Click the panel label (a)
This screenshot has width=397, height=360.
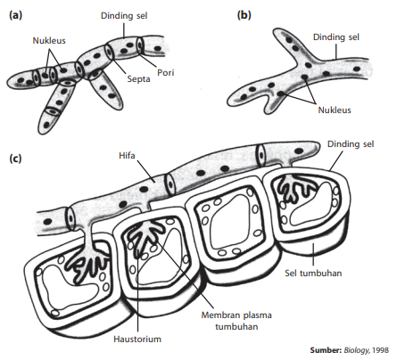pos(15,15)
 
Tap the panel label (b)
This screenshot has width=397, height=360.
pos(244,15)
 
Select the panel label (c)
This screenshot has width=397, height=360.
pos(15,159)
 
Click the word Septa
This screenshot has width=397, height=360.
pos(138,79)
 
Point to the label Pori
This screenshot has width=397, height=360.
pos(165,72)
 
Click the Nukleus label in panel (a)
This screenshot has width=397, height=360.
pos(49,40)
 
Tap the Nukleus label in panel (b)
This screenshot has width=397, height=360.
pos(335,110)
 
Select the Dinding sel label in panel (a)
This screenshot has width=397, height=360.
pos(124,16)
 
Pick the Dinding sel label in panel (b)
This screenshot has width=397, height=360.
pos(336,37)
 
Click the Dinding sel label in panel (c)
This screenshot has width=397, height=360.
pos(351,144)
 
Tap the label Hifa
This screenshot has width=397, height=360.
pos(127,155)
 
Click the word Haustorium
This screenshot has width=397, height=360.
pos(137,339)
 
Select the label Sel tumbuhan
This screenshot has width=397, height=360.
pos(313,273)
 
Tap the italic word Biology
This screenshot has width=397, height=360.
pos(357,350)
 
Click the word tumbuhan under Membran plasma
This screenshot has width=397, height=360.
pos(236,327)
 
